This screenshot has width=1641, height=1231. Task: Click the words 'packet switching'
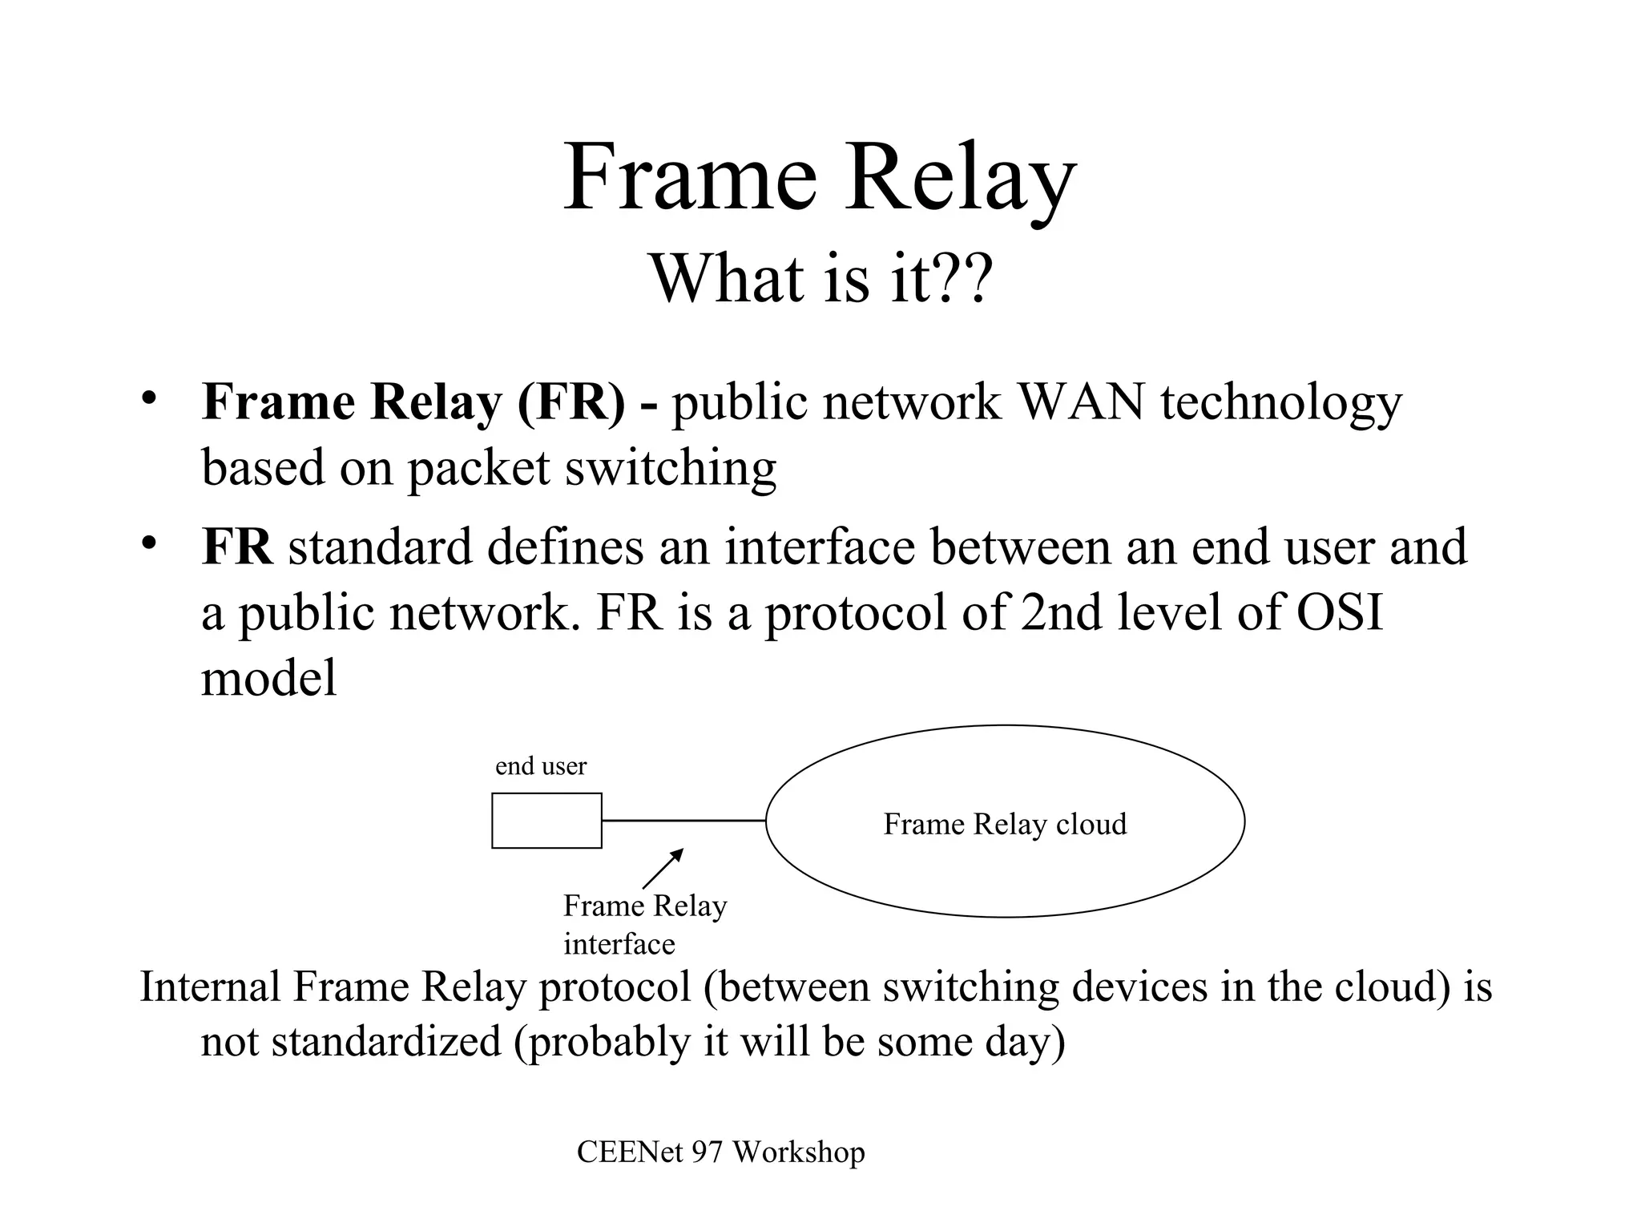coord(591,468)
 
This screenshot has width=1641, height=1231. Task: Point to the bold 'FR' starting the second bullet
coord(237,547)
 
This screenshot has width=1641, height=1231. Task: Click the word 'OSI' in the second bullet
coord(1340,612)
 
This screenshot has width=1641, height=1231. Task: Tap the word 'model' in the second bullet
coord(268,678)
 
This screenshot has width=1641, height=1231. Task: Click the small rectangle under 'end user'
coord(546,820)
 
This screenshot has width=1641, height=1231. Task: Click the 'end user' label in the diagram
coord(541,766)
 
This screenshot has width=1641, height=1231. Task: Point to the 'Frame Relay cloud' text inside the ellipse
coord(1005,824)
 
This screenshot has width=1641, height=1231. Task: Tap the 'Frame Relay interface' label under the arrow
coord(644,924)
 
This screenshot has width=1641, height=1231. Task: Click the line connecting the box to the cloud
coord(683,821)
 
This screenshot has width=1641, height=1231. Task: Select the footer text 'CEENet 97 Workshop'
coord(720,1152)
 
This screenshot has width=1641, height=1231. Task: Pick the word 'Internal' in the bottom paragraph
coord(210,986)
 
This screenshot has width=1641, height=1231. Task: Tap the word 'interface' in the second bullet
coord(820,547)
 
